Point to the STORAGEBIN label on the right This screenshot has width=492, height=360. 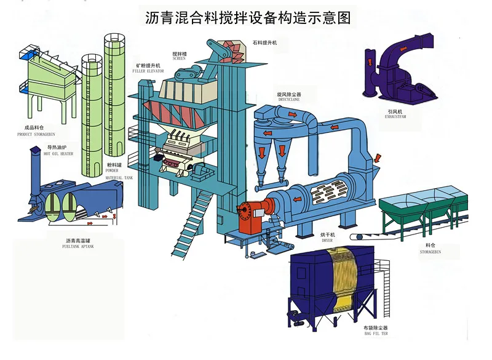(x=430, y=251)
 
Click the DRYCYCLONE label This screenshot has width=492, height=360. (x=289, y=100)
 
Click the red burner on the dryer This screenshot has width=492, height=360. (x=252, y=215)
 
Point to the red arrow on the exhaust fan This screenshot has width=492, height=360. (x=370, y=62)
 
